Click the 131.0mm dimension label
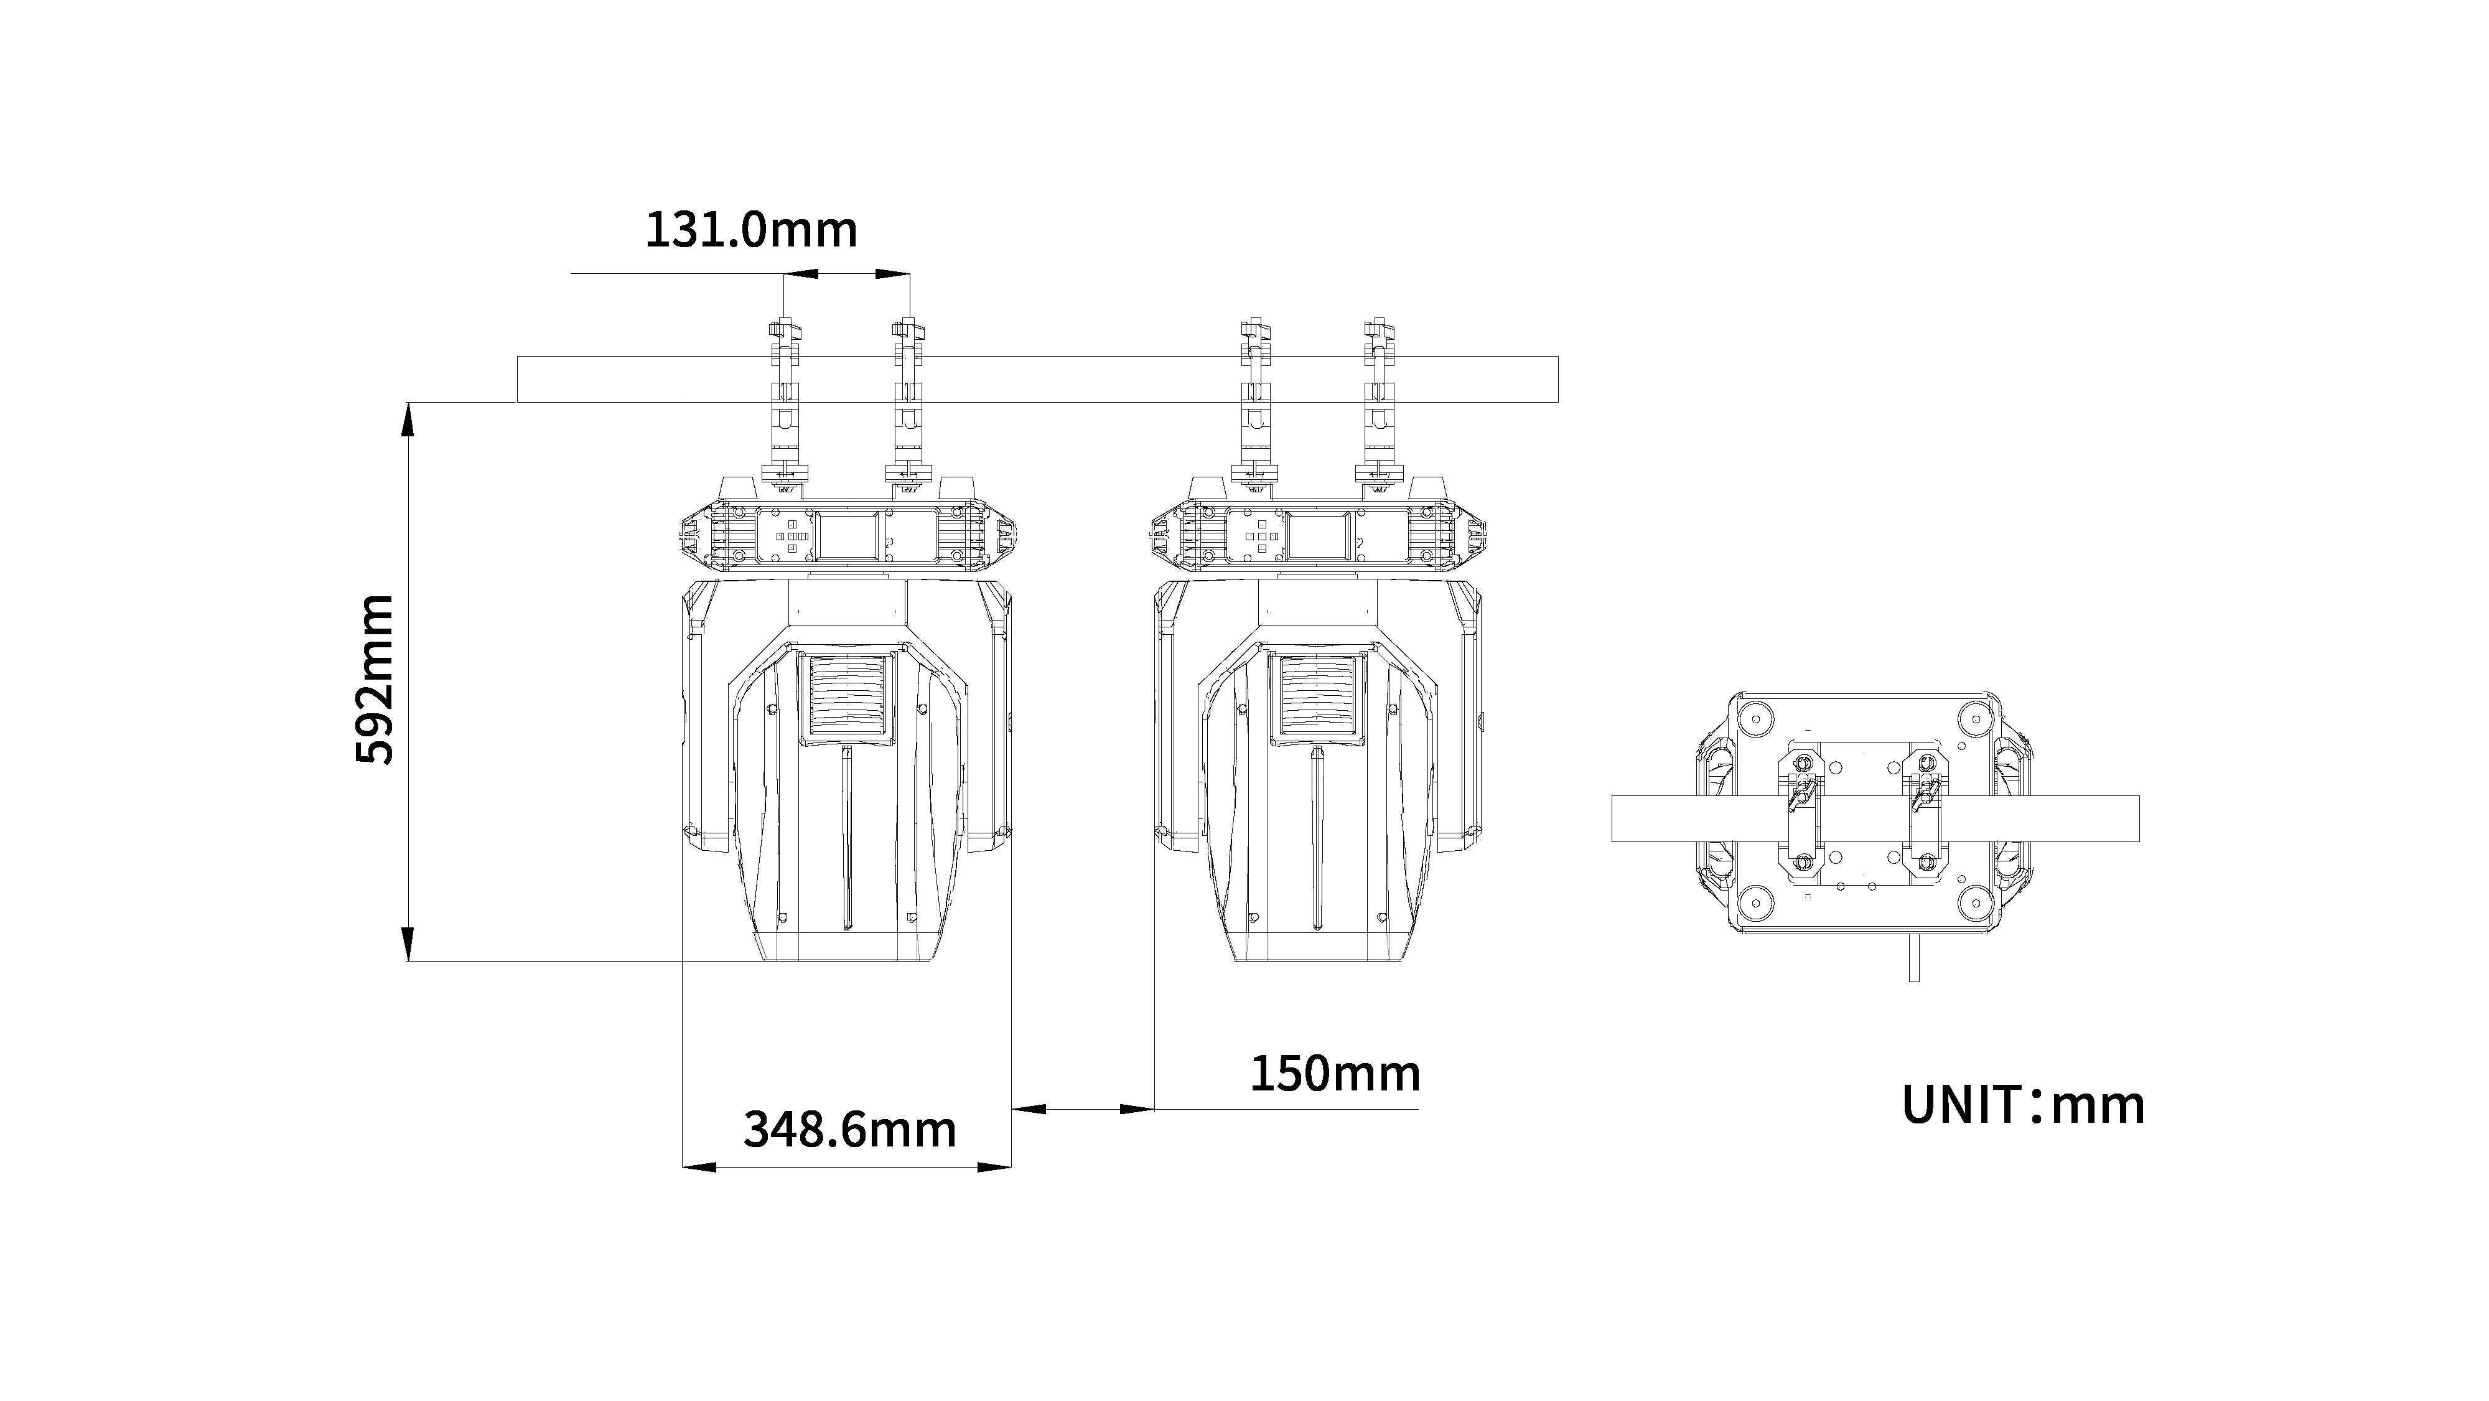(751, 230)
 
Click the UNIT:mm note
(2024, 1104)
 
